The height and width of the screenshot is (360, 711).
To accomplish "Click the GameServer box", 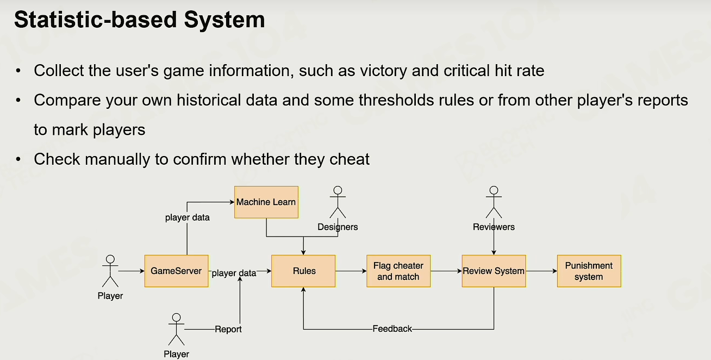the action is (x=177, y=271).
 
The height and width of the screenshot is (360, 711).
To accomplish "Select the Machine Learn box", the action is (x=266, y=202).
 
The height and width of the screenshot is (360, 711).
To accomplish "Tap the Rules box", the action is (x=303, y=271).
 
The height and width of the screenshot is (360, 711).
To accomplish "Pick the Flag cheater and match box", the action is (x=398, y=271).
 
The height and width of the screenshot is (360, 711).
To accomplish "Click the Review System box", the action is (x=494, y=271).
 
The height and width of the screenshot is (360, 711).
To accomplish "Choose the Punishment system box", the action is (x=589, y=271).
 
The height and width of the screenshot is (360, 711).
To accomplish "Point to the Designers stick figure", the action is (x=338, y=202).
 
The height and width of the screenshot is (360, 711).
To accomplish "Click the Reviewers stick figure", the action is (x=494, y=202).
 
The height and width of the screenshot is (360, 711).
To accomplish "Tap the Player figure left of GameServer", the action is (x=110, y=271).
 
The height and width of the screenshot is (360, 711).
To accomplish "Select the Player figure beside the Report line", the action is (x=176, y=329).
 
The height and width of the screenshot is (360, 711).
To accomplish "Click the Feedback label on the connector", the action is (x=392, y=329).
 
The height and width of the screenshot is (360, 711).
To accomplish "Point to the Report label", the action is (x=228, y=329).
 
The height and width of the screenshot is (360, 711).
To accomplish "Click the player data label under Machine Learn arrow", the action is (x=188, y=218).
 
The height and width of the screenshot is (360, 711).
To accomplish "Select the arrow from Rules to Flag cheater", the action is (x=351, y=271).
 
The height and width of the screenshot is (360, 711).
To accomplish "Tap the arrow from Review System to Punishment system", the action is (x=541, y=271).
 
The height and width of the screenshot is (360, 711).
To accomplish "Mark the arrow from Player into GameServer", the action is (x=132, y=271).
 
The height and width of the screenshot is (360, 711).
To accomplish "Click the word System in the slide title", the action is (x=224, y=20).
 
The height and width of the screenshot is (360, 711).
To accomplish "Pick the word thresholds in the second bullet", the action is (x=396, y=100).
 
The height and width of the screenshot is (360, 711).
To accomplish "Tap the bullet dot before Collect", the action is (x=18, y=71).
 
